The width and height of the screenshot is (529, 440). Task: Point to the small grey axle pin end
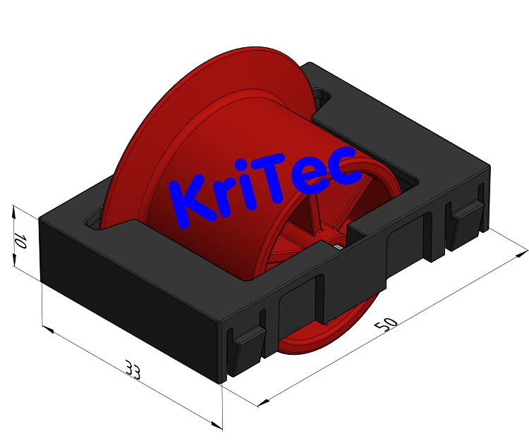click(339, 246)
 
